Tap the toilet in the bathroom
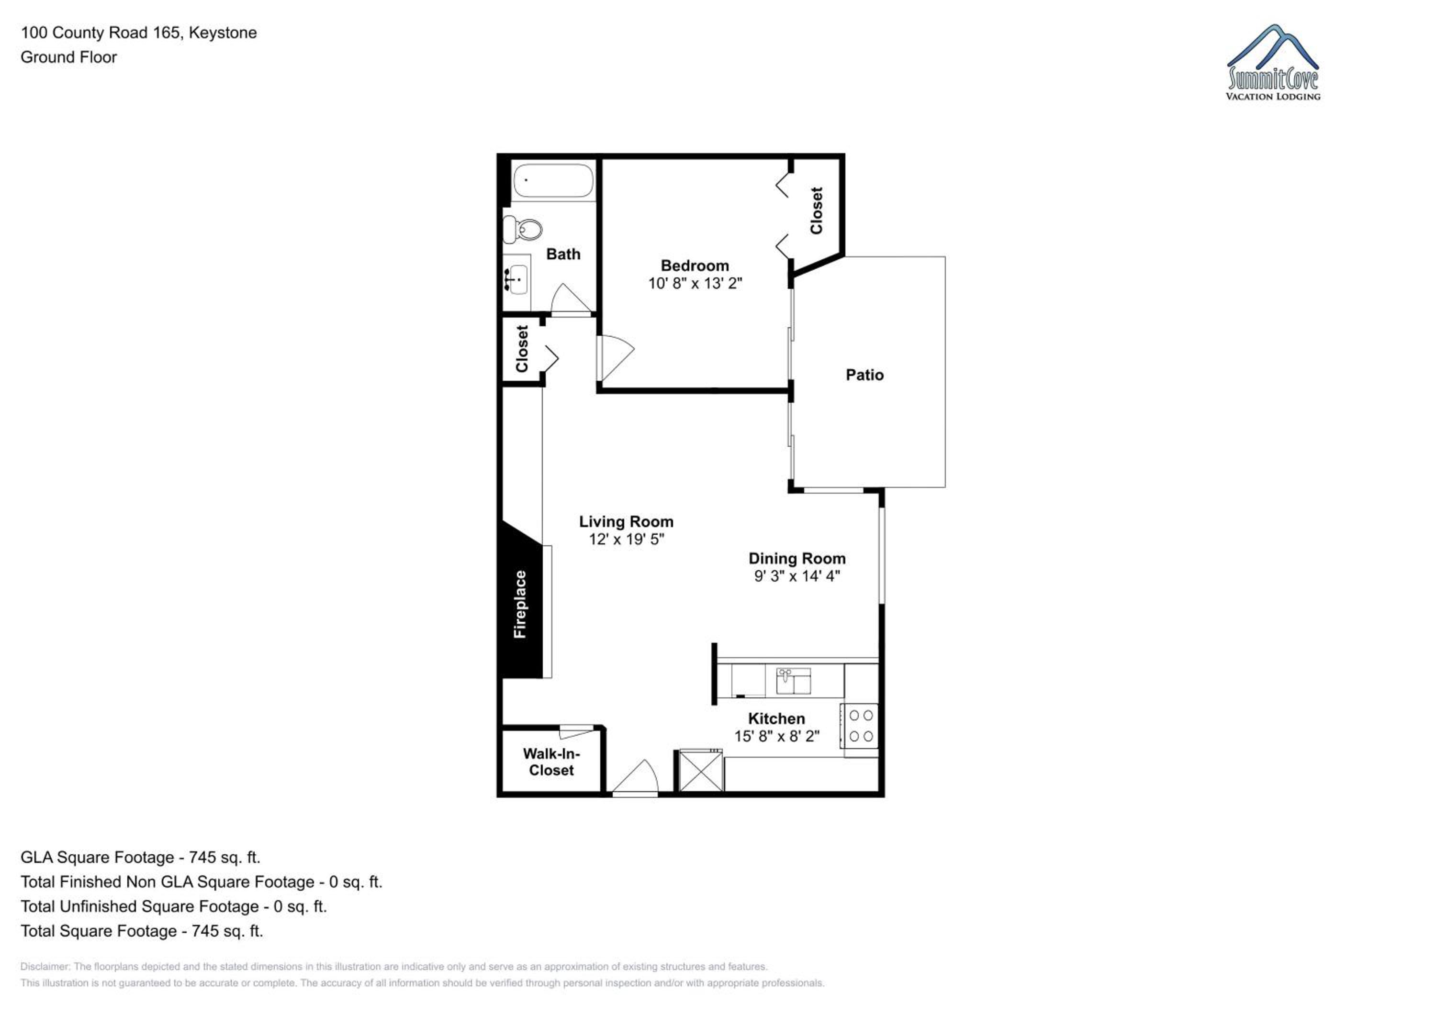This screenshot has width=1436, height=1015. [523, 230]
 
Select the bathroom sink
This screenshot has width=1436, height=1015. [516, 279]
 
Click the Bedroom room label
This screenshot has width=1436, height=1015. [695, 265]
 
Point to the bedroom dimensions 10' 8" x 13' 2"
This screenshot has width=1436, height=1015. [695, 283]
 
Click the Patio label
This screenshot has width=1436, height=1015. [864, 375]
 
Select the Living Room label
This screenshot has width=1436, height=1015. [626, 522]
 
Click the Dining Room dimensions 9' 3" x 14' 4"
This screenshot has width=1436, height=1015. [797, 576]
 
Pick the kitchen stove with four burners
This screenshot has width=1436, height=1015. [861, 726]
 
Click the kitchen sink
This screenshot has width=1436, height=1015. [793, 681]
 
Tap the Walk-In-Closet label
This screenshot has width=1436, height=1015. [551, 762]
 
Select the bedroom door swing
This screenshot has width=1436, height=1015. [616, 358]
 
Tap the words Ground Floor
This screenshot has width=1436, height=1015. [69, 57]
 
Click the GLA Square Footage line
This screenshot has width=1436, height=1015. [141, 858]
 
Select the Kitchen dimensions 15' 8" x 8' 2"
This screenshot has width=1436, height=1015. [777, 736]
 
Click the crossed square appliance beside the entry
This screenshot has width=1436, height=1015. [700, 771]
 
